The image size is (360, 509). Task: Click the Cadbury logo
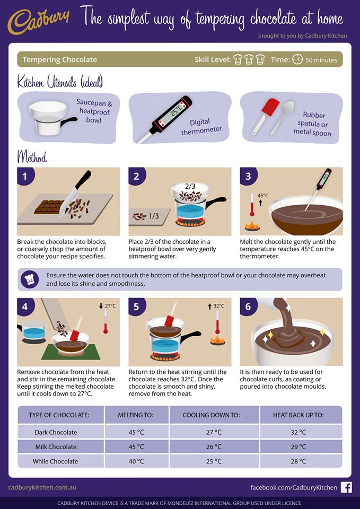point(39,22)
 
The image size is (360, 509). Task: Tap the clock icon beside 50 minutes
point(297,59)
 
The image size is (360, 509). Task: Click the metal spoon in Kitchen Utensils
point(283,117)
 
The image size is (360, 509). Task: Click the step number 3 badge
point(248,176)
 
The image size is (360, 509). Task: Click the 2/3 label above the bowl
point(190,187)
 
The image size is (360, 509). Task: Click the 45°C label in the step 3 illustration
point(262,196)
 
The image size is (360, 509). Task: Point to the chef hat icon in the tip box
point(30,279)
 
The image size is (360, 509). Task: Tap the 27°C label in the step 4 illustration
point(110,306)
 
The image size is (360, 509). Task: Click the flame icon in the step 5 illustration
point(217,340)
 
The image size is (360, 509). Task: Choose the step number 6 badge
point(248,306)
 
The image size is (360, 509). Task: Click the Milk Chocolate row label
point(56,446)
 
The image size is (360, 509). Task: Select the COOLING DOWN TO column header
point(211,415)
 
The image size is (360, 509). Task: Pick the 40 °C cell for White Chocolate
point(136,461)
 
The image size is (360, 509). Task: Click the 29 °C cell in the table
point(298,446)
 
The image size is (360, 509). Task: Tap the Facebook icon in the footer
point(346,488)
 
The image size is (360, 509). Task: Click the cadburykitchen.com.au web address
point(42,488)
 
